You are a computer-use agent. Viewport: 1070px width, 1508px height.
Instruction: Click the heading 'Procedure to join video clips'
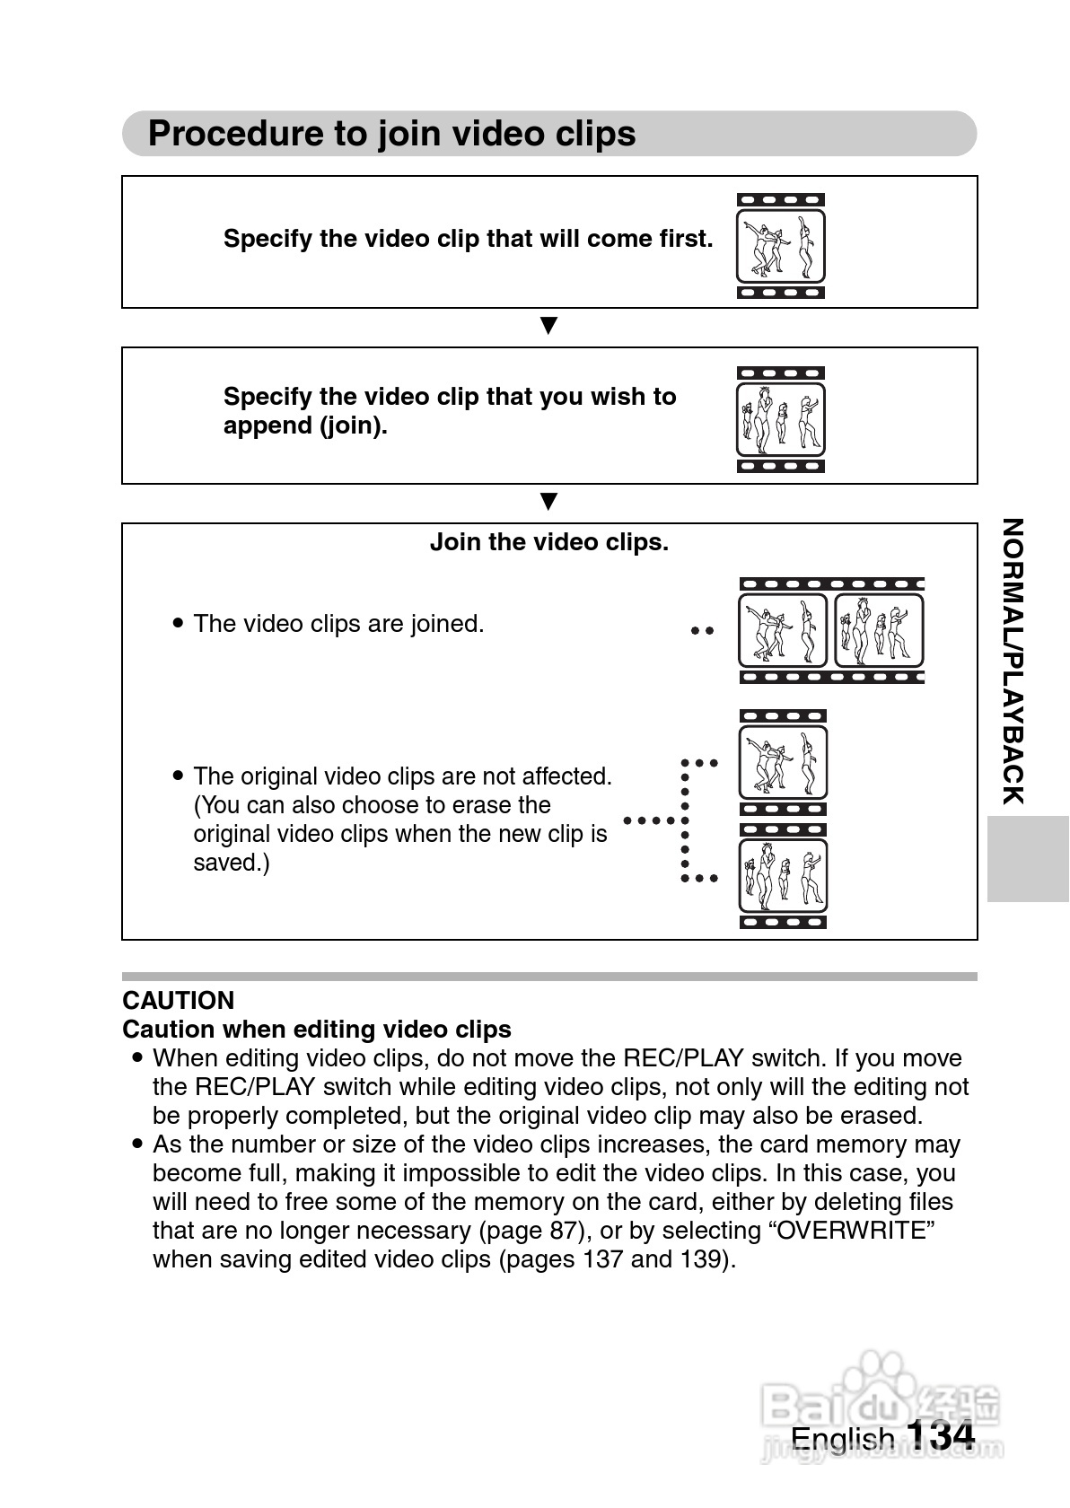click(391, 134)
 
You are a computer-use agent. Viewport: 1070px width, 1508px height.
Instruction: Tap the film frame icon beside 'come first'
click(780, 246)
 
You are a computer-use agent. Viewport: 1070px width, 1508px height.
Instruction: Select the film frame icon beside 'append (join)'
click(780, 419)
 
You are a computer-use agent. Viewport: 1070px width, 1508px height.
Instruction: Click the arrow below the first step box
click(548, 325)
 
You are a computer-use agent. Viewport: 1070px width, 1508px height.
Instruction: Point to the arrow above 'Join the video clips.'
click(548, 501)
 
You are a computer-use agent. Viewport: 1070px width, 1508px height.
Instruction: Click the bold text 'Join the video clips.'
click(548, 542)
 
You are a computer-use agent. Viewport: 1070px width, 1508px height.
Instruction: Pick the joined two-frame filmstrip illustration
click(831, 631)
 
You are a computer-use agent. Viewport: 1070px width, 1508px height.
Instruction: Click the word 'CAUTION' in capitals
click(178, 1000)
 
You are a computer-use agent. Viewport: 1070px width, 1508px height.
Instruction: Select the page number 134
click(940, 1435)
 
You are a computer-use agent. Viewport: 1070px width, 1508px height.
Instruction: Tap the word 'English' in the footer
click(842, 1439)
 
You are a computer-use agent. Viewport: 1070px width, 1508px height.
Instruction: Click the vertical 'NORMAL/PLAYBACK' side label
click(1012, 662)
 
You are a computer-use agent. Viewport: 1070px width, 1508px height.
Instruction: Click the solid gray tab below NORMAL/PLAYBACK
click(1027, 858)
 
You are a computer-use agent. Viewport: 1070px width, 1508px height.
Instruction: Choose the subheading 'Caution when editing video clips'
click(317, 1029)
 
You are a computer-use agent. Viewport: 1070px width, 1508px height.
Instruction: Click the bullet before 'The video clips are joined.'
click(178, 623)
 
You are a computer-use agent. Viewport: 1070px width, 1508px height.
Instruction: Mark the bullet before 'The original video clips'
click(178, 776)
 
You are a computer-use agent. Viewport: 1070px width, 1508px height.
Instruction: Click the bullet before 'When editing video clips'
click(137, 1057)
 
